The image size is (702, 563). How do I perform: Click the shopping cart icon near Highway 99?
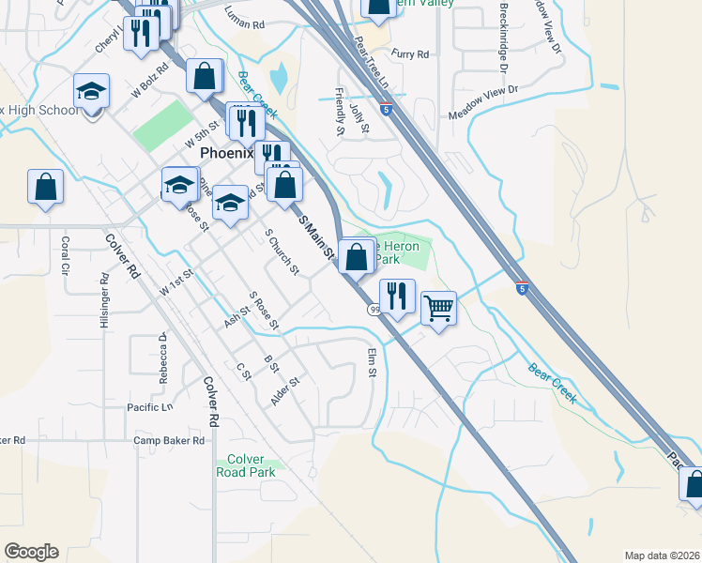[439, 306]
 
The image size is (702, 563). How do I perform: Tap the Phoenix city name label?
[228, 154]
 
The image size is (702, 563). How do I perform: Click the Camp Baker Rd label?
[169, 440]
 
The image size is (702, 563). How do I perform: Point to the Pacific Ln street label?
[150, 407]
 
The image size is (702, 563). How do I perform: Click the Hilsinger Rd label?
[104, 301]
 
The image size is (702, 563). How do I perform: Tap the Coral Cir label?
[66, 255]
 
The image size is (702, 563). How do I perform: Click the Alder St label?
[284, 390]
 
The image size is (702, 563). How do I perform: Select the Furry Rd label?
[410, 54]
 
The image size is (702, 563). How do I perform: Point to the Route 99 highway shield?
[374, 310]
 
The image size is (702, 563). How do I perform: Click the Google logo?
[31, 552]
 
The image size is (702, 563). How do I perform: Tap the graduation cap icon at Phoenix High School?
[92, 91]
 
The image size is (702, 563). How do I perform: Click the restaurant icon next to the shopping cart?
[397, 296]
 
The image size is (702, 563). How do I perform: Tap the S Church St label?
[282, 252]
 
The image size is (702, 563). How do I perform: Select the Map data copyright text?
[664, 555]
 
